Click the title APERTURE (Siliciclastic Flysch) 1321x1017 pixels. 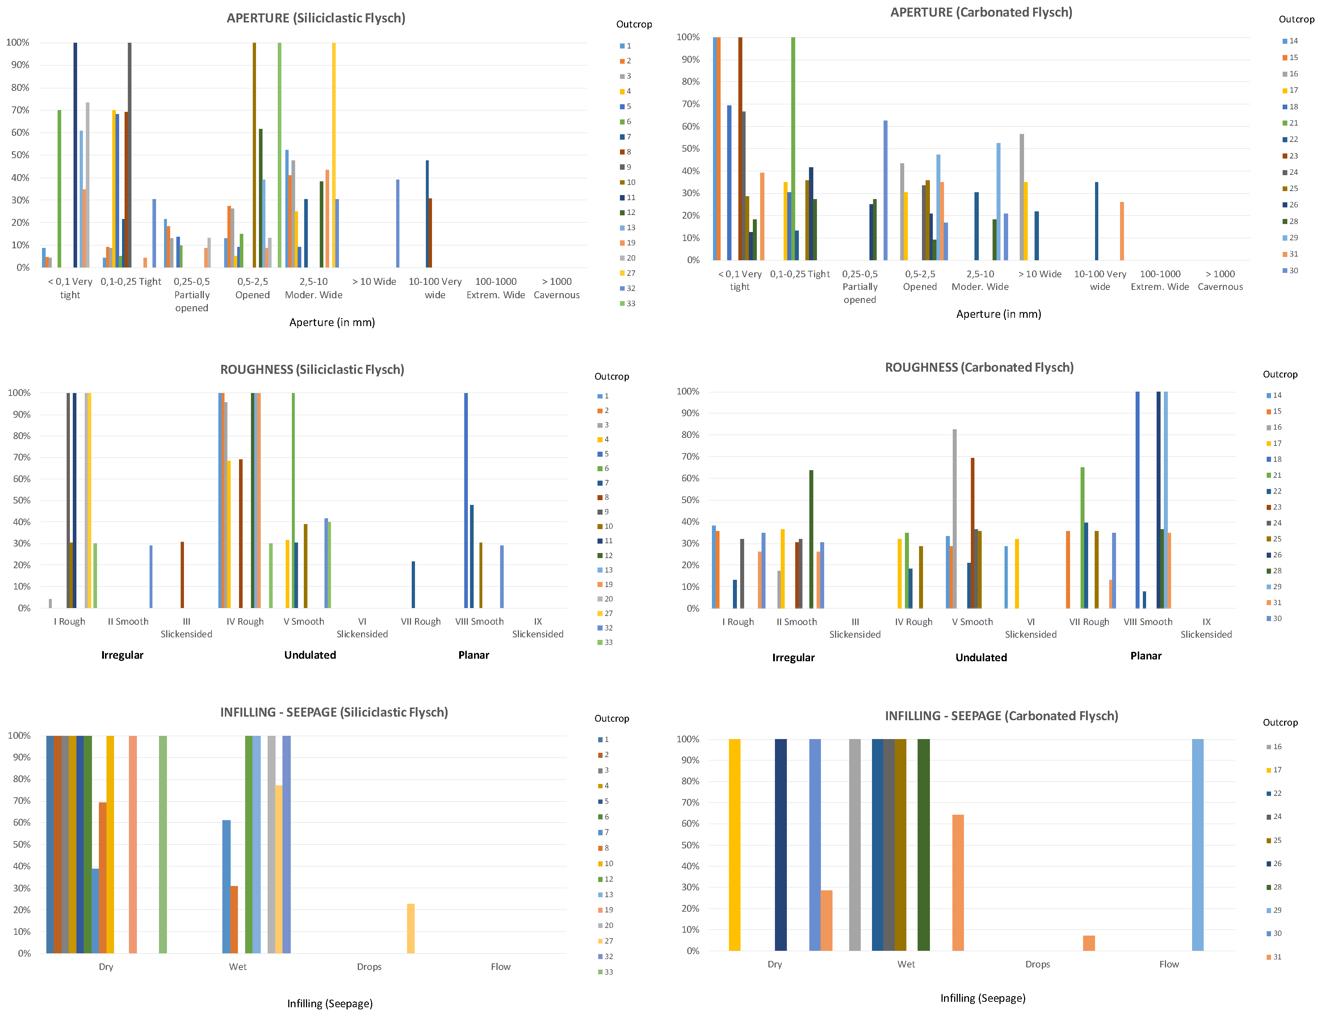[316, 18]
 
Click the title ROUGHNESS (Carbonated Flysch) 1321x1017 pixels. [979, 368]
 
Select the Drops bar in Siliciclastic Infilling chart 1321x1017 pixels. [411, 928]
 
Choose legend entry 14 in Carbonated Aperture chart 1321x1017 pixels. [1289, 41]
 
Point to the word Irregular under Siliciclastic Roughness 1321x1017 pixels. [122, 655]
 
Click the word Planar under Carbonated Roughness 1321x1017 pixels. [1146, 656]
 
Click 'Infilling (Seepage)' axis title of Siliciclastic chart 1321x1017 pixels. [330, 1004]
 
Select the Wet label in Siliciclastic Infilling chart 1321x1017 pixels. [238, 967]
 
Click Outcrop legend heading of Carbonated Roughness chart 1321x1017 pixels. [1280, 374]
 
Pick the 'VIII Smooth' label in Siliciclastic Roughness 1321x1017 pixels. [479, 621]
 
